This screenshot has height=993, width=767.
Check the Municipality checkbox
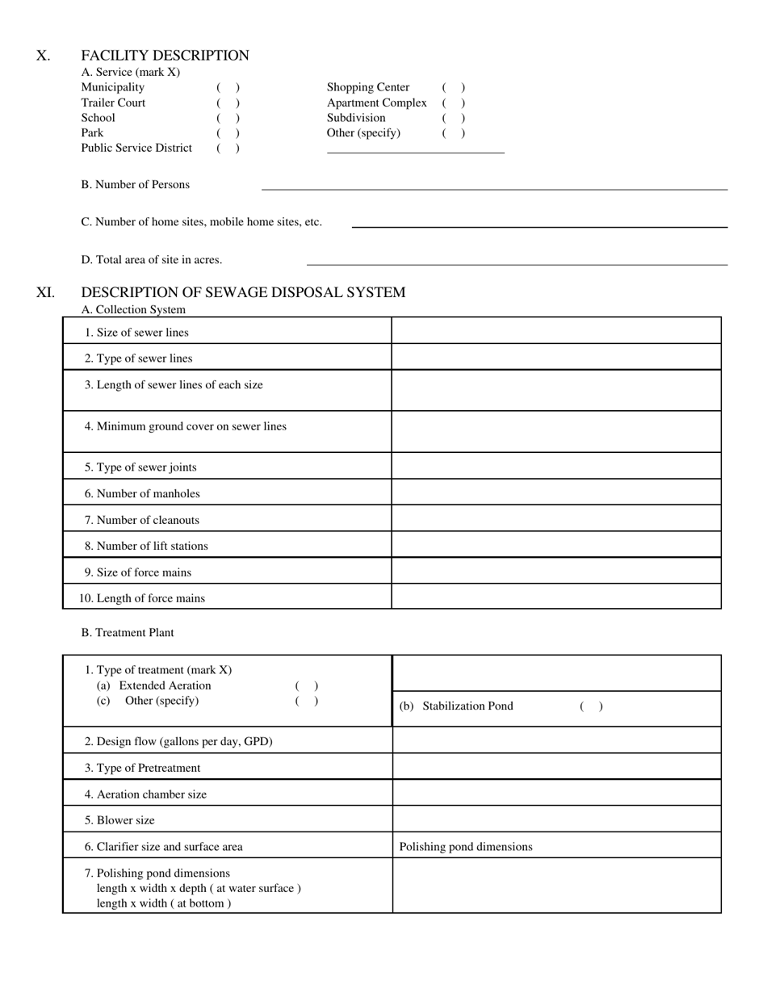(228, 87)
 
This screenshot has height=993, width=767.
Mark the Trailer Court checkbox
(228, 103)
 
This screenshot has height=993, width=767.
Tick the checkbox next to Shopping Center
(453, 87)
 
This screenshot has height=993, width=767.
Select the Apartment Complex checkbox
(453, 103)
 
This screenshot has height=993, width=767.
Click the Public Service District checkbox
(228, 148)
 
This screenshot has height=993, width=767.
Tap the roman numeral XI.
(45, 292)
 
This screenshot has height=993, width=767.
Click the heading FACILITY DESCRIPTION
(165, 56)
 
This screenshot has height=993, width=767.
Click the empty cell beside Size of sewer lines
(555, 331)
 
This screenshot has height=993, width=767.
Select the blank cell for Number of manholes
(555, 492)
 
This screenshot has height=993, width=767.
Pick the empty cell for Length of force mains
(555, 597)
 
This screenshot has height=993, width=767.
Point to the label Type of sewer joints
(140, 467)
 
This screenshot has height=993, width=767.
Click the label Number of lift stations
(146, 547)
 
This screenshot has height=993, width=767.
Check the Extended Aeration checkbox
(307, 686)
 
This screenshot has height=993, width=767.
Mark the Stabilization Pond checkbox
(591, 706)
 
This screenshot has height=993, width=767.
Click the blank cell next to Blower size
(556, 819)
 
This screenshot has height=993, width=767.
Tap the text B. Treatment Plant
(128, 633)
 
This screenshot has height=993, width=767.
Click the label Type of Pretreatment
(142, 768)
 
